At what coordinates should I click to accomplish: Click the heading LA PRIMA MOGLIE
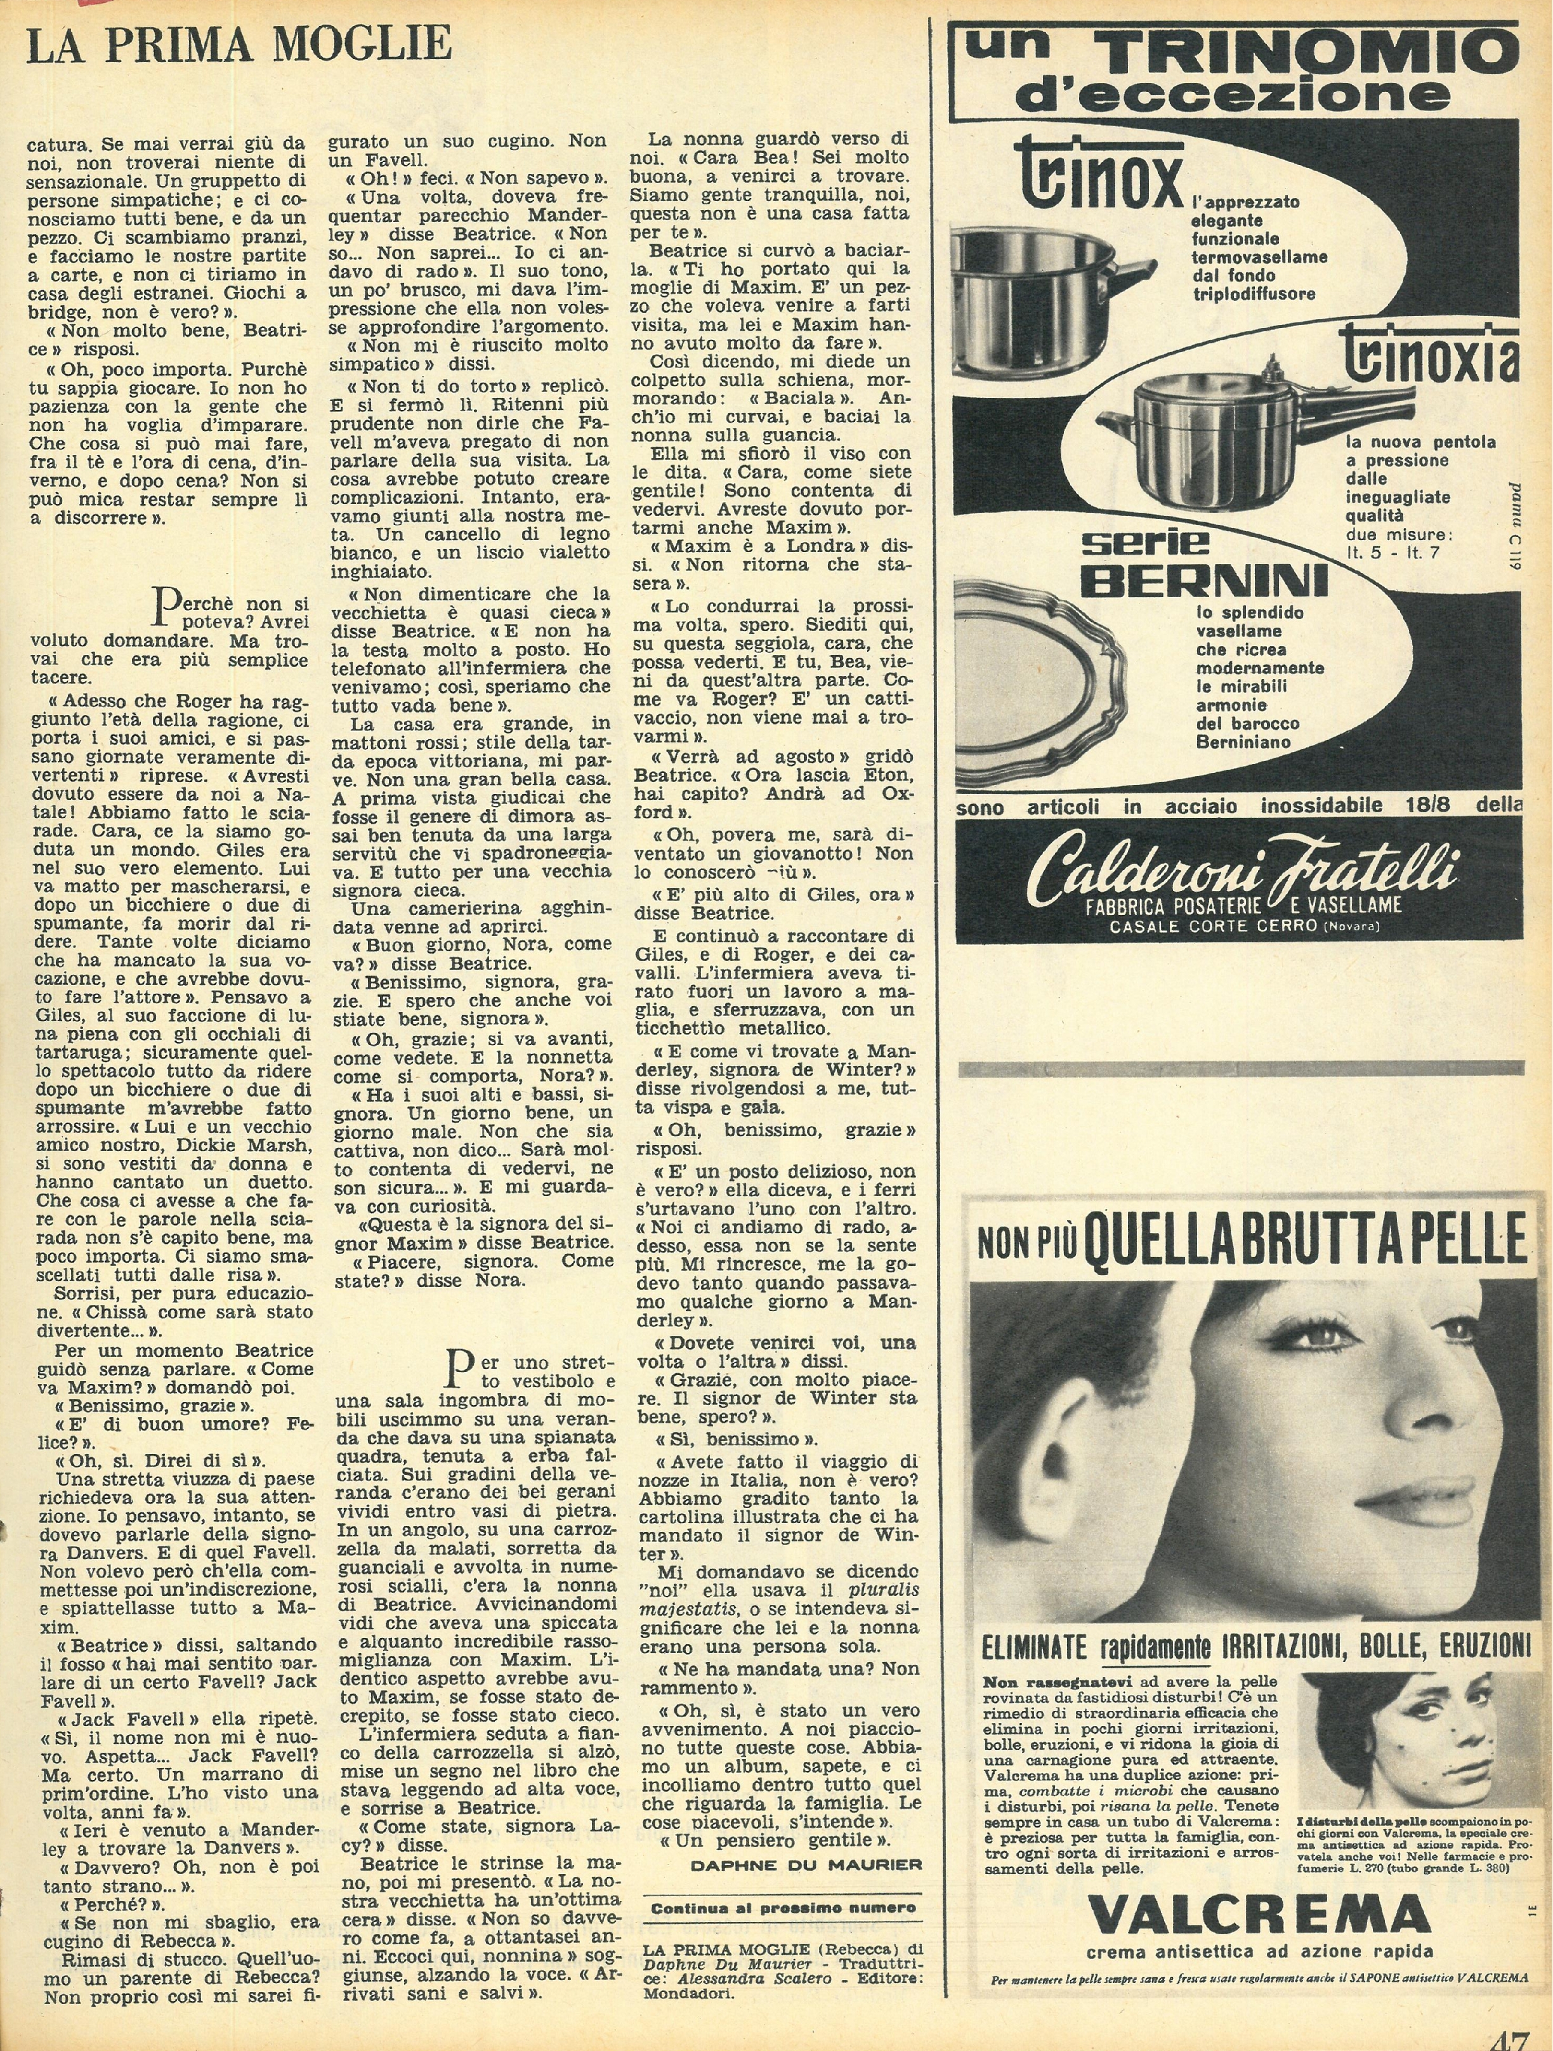click(x=239, y=44)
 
